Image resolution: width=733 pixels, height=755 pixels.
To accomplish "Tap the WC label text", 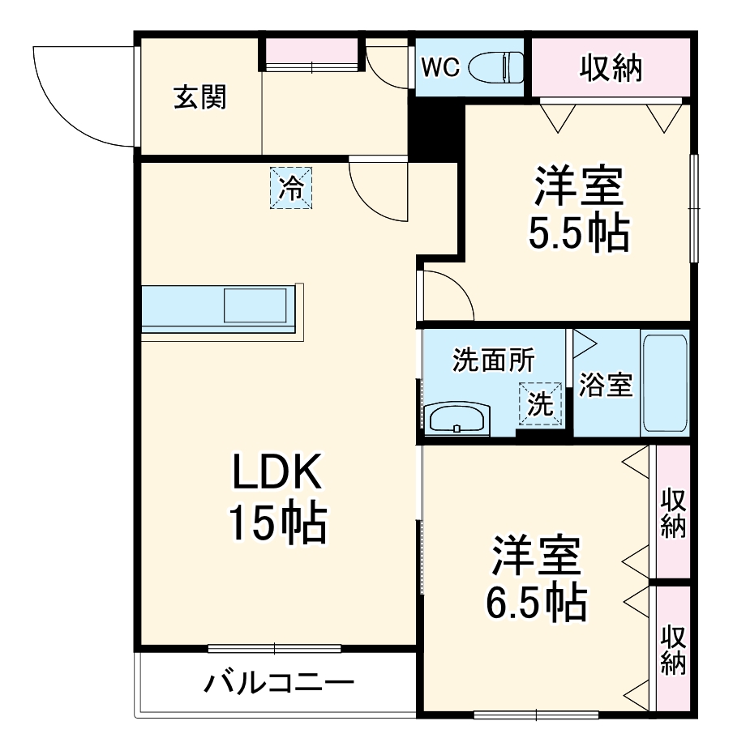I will (x=440, y=68).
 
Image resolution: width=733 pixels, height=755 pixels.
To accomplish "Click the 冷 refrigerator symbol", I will (x=290, y=188).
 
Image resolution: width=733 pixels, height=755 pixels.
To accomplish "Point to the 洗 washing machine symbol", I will (x=540, y=403).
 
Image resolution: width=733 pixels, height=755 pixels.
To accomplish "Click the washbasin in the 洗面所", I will (x=457, y=419).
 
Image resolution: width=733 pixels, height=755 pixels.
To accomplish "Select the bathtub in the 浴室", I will (x=664, y=383).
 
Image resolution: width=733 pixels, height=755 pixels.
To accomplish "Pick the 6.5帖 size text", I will (x=536, y=600).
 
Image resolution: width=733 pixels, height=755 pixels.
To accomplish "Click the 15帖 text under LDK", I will (x=276, y=524).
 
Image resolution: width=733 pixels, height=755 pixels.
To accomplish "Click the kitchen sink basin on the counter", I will (x=255, y=306).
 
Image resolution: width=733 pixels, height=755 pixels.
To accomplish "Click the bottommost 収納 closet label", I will (x=673, y=650).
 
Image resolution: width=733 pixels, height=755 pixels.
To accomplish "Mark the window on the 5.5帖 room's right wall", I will (x=694, y=207).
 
